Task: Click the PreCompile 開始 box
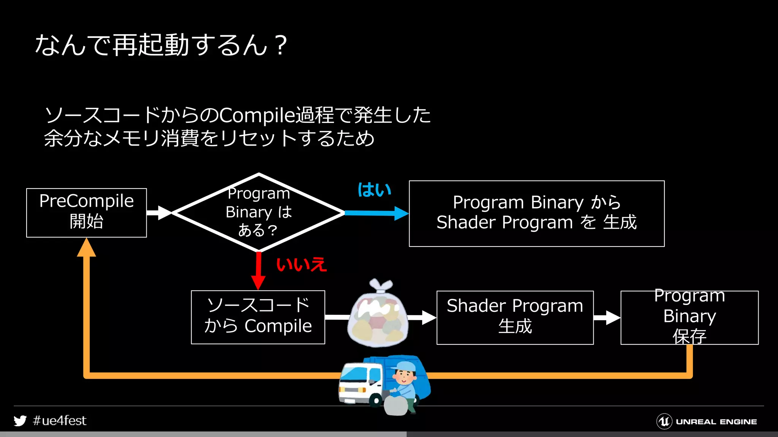point(86,212)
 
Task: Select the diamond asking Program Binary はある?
point(258,212)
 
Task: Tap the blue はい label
point(374,190)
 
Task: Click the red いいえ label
point(301,264)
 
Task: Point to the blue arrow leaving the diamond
point(376,213)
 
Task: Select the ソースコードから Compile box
point(258,317)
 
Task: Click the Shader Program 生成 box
point(515,318)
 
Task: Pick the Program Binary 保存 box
point(689,318)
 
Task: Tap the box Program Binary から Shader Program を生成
point(536,213)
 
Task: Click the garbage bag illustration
point(378,317)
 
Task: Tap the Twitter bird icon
point(20,421)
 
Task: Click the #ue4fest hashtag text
point(60,421)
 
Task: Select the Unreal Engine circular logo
point(664,421)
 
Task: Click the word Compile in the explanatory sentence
point(257,115)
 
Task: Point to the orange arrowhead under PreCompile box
point(86,248)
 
